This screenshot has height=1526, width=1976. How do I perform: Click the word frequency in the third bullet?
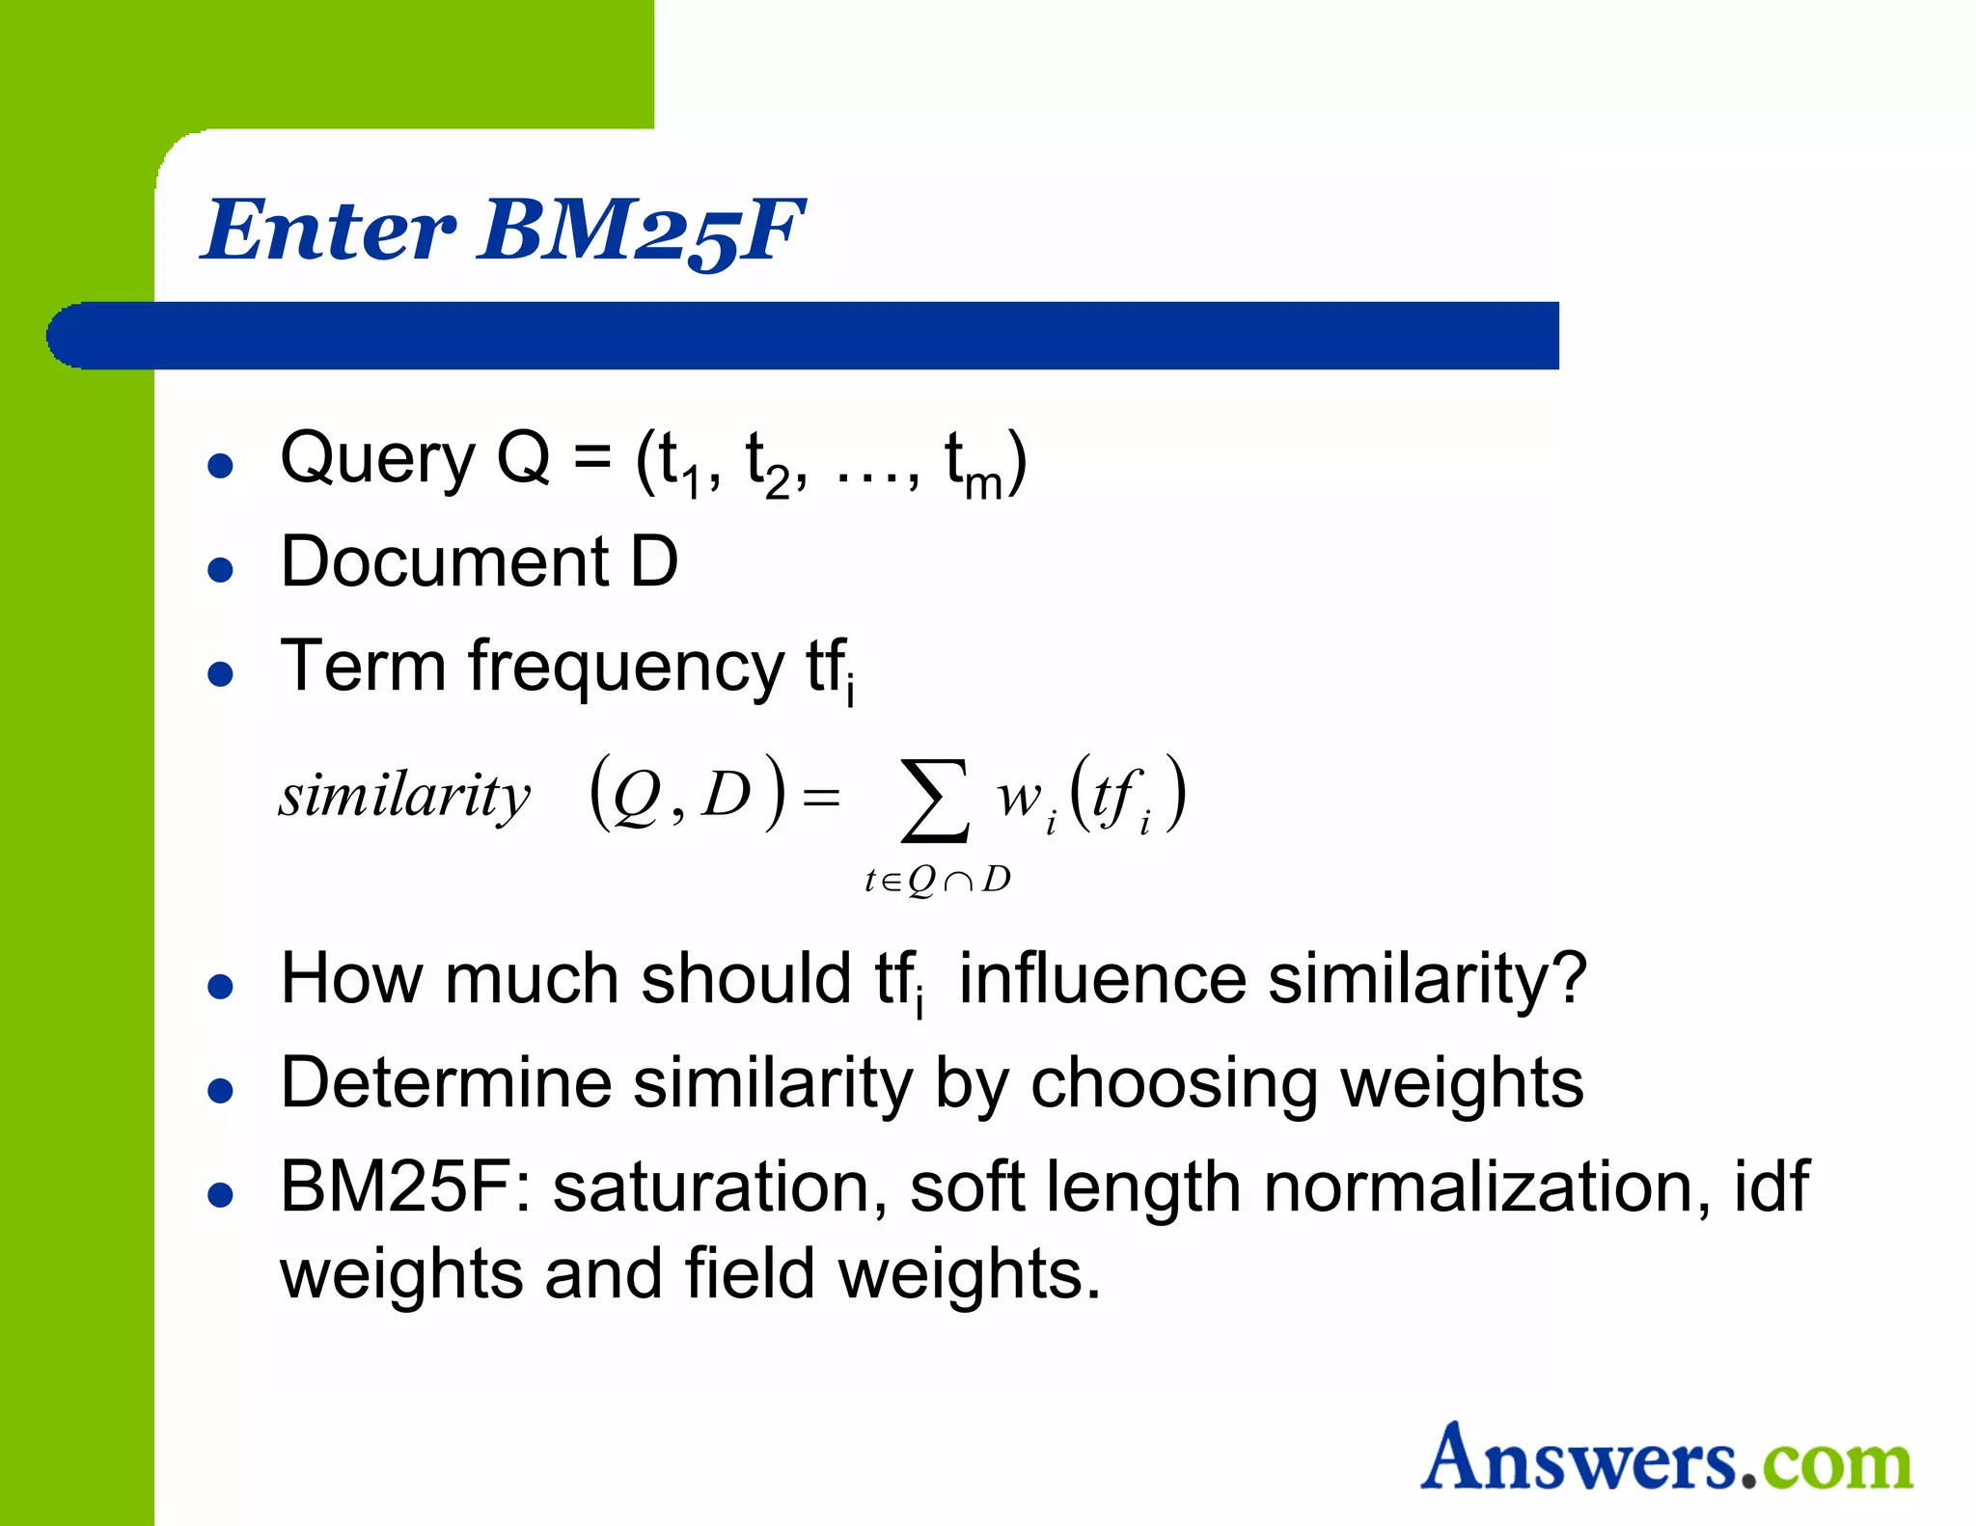pyautogui.click(x=626, y=668)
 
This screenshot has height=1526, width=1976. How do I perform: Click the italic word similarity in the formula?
pyautogui.click(x=404, y=797)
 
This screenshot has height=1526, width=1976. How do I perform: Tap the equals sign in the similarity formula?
pyautogui.click(x=821, y=799)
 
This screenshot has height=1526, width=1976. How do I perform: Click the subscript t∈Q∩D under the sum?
pyautogui.click(x=937, y=880)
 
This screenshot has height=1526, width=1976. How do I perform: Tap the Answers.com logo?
pyautogui.click(x=1666, y=1458)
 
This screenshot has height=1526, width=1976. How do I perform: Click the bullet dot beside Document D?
pyautogui.click(x=221, y=569)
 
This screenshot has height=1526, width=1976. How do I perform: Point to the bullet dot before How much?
pyautogui.click(x=221, y=987)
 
